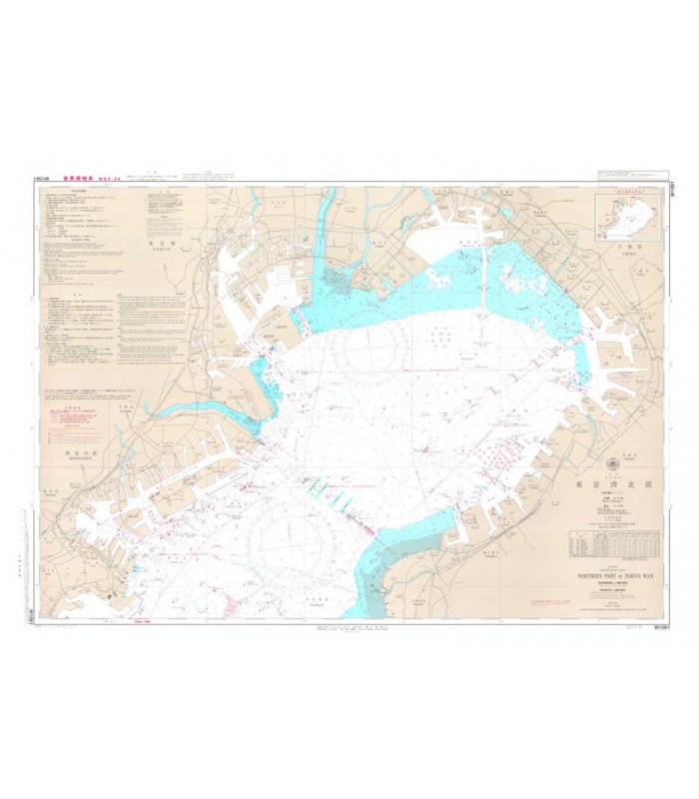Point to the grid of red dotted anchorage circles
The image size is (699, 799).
point(495,454)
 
